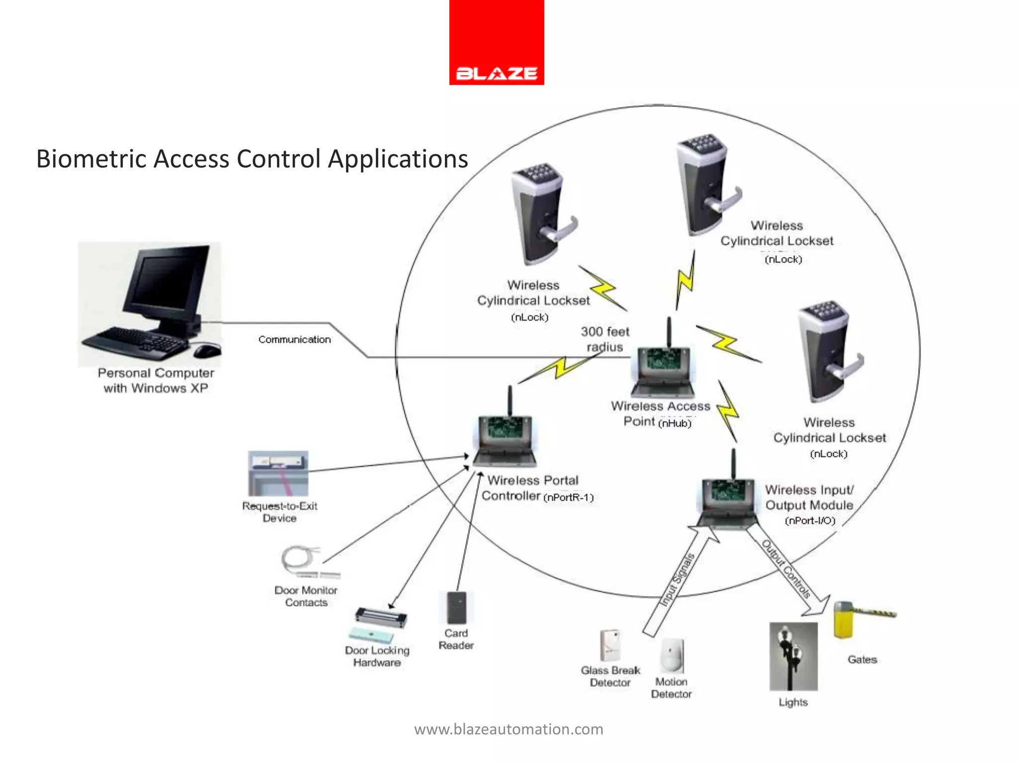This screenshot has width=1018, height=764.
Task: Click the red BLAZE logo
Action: click(497, 43)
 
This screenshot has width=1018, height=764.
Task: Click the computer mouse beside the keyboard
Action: click(207, 350)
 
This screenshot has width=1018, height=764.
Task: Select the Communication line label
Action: click(294, 340)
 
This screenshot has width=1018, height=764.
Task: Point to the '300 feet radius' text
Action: click(604, 339)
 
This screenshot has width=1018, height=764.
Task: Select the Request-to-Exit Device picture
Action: click(278, 473)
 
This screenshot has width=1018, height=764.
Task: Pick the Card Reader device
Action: click(456, 607)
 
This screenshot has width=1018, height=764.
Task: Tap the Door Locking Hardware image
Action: click(380, 624)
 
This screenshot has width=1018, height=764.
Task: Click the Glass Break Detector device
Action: click(610, 645)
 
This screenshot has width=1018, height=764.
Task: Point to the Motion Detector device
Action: click(672, 655)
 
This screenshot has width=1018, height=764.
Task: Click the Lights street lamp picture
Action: click(793, 656)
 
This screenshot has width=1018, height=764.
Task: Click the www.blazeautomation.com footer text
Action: click(509, 729)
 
